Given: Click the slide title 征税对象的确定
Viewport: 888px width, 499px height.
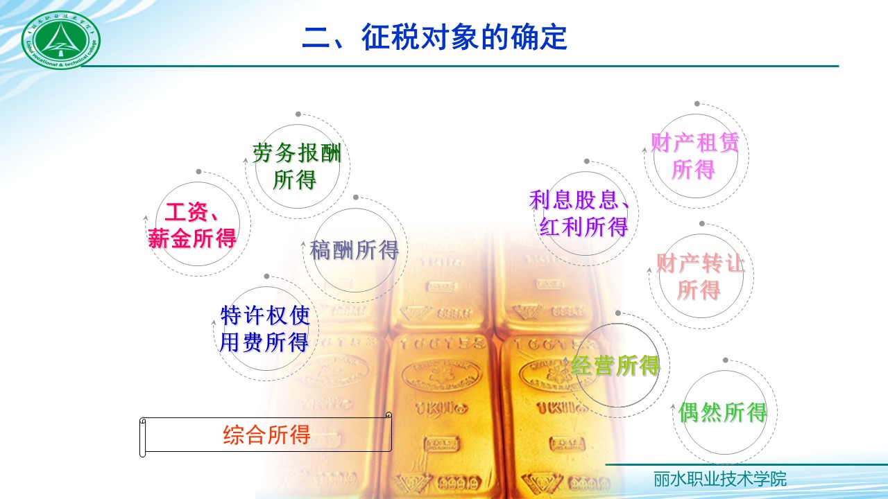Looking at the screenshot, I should pyautogui.click(x=434, y=37).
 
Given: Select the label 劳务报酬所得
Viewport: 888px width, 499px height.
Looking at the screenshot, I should pyautogui.click(x=297, y=166).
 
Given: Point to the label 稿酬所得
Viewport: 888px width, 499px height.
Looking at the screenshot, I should pyautogui.click(x=355, y=250).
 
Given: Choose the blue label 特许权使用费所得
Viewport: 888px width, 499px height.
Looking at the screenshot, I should pyautogui.click(x=264, y=329).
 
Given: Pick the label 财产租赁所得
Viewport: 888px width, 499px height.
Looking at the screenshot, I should pyautogui.click(x=694, y=156).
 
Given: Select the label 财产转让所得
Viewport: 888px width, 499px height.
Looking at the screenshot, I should pyautogui.click(x=700, y=277).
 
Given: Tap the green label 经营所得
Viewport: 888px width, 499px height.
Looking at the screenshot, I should pyautogui.click(x=615, y=365).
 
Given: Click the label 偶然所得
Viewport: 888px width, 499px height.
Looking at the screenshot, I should pyautogui.click(x=723, y=412).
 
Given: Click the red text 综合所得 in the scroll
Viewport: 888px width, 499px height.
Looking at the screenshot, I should pyautogui.click(x=266, y=435).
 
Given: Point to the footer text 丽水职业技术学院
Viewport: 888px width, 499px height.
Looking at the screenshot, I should pyautogui.click(x=720, y=479).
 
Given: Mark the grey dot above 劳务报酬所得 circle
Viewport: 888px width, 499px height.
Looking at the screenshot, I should pyautogui.click(x=298, y=114).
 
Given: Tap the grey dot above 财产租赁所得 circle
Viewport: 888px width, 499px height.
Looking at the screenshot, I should pyautogui.click(x=697, y=104).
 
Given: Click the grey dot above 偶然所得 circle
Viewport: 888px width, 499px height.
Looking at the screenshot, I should pyautogui.click(x=726, y=360).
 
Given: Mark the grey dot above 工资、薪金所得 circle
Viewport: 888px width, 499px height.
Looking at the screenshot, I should pyautogui.click(x=198, y=171).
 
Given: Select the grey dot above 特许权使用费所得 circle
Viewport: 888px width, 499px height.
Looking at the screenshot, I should pyautogui.click(x=266, y=276).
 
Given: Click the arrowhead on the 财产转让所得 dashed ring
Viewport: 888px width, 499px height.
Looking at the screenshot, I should pyautogui.click(x=650, y=272).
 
